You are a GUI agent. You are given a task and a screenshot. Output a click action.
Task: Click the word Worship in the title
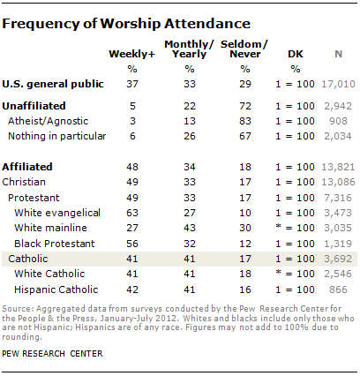pyautogui.click(x=131, y=24)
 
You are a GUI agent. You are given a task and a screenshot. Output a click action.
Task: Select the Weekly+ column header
pyautogui.click(x=131, y=54)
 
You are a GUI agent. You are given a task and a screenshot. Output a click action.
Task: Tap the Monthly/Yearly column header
pyautogui.click(x=190, y=49)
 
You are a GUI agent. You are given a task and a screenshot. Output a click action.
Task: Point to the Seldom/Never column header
pyautogui.click(x=244, y=49)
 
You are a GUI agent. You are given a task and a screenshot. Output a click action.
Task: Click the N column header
pyautogui.click(x=338, y=54)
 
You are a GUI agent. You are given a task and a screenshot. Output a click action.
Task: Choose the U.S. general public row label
pyautogui.click(x=53, y=85)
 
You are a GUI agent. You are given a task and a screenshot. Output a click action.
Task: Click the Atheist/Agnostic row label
pyautogui.click(x=49, y=121)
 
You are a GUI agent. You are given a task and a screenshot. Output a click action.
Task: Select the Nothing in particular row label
pyautogui.click(x=57, y=136)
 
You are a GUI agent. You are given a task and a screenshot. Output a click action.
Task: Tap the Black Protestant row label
pyautogui.click(x=55, y=244)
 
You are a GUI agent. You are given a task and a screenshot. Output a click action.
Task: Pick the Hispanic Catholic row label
pyautogui.click(x=56, y=290)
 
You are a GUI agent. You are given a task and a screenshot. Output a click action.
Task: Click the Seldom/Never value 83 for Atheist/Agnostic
pyautogui.click(x=245, y=121)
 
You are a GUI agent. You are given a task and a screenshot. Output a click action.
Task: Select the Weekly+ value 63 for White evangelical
pyautogui.click(x=132, y=213)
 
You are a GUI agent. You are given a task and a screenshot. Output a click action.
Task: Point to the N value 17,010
pyautogui.click(x=338, y=85)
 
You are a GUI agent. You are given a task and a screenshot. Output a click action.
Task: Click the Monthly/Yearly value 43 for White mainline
pyautogui.click(x=190, y=228)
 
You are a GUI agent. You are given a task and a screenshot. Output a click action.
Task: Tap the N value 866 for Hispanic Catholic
pyautogui.click(x=338, y=290)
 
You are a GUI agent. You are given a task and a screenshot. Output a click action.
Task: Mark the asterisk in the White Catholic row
pyautogui.click(x=278, y=273)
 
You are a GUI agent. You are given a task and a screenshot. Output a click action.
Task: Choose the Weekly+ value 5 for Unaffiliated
pyautogui.click(x=132, y=106)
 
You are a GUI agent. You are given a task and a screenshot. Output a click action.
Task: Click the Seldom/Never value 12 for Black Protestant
pyautogui.click(x=245, y=244)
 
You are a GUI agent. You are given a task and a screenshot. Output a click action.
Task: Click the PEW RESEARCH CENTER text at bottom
pyautogui.click(x=52, y=353)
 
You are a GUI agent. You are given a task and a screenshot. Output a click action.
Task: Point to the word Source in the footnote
pyautogui.click(x=18, y=309)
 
